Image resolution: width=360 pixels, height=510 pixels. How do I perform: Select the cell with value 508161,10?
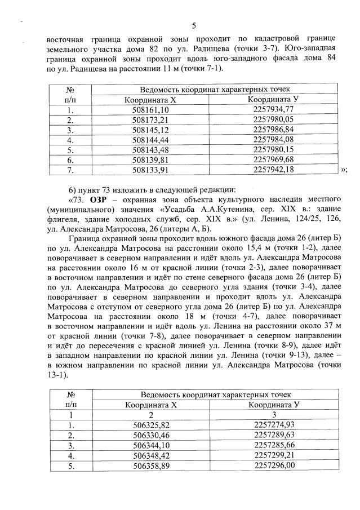point(150,110)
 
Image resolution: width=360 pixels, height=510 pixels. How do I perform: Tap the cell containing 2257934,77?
point(274,109)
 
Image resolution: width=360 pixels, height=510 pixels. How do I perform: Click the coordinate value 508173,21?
point(150,120)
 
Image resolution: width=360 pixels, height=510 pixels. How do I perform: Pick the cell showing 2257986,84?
point(274,130)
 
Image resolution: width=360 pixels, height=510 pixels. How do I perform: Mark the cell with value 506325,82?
point(150,424)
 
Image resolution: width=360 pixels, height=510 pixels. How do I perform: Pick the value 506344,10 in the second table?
point(150,445)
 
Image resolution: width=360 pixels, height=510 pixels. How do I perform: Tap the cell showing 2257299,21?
point(274,455)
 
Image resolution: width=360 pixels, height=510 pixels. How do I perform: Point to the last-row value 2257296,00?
point(274,465)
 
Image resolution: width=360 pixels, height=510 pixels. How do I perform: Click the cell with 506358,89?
point(150,465)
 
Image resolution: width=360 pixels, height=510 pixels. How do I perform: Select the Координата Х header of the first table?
point(150,100)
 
